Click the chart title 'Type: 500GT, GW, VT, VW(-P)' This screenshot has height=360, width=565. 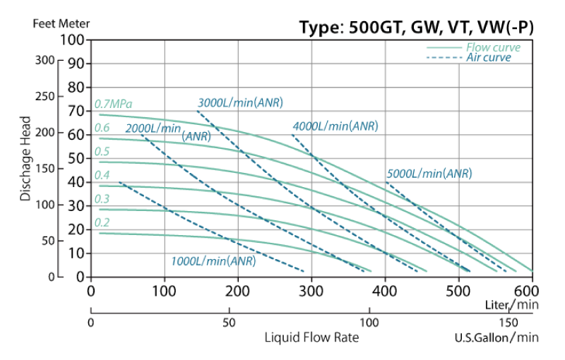416,28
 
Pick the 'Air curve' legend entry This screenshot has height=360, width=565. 488,58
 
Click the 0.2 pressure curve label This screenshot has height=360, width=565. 102,223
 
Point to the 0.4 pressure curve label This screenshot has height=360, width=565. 102,175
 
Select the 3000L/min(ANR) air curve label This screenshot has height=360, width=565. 240,102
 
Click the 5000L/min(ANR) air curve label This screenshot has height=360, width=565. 429,174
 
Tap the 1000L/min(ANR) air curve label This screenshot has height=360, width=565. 213,261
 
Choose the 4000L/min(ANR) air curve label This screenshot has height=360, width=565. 335,126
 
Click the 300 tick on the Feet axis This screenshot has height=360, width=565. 44,60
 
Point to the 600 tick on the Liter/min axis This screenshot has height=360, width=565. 532,291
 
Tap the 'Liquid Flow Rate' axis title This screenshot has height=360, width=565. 311,337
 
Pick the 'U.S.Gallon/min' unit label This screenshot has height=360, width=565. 496,338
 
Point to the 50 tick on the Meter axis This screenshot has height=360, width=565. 75,157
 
